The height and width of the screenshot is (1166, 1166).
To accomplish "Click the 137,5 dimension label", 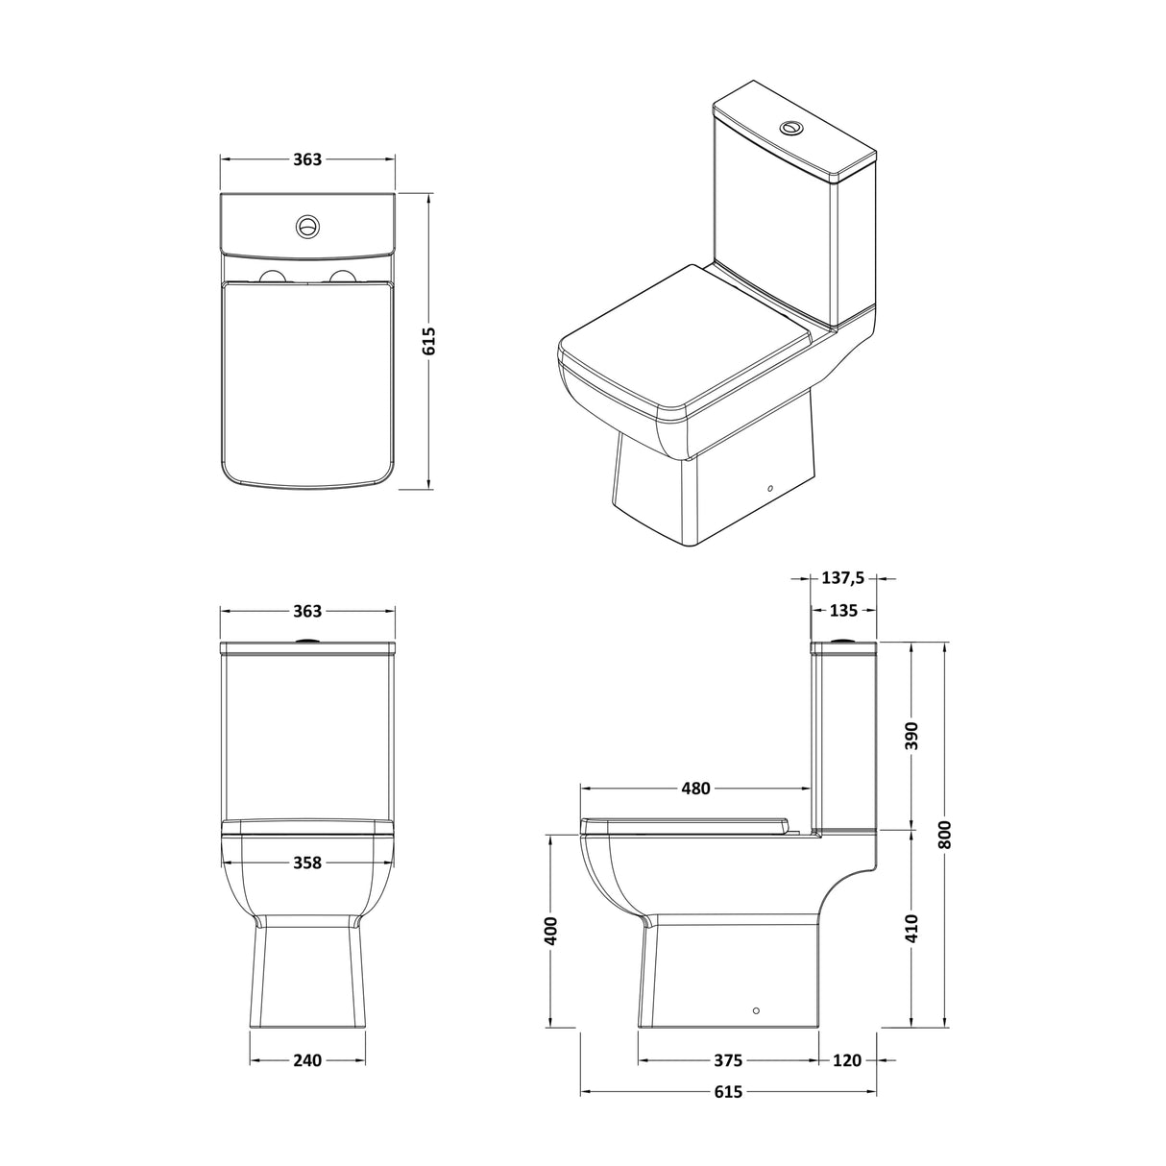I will point(843,578).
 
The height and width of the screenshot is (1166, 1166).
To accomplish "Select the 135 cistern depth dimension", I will point(843,611).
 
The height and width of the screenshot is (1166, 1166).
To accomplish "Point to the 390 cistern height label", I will point(911,735).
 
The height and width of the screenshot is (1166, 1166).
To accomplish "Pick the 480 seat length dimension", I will point(695,789).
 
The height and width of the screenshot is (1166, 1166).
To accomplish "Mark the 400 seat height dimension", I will point(550,931).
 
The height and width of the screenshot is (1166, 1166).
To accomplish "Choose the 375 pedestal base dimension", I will point(728,1060).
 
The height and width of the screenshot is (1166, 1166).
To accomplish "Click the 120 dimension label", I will point(847,1060).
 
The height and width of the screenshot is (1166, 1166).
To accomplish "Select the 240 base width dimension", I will point(306,1060).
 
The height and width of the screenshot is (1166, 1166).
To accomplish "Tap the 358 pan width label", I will point(306,862).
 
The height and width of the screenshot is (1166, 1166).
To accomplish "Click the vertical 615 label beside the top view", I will point(428,341).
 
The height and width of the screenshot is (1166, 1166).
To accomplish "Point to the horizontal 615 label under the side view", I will point(728,1092).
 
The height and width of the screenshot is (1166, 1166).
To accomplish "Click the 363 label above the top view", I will point(306,159).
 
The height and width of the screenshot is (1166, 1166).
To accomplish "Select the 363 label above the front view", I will point(306,611).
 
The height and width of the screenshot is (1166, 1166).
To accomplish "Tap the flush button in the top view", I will point(306,227).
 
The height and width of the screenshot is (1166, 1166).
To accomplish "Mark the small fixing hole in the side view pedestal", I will point(756,1010).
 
